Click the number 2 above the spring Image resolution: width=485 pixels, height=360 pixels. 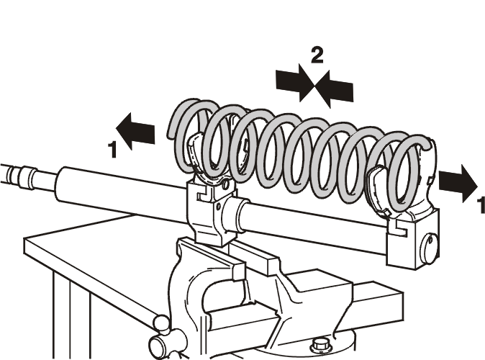317,55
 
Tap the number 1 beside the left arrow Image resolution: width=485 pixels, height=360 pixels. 113,150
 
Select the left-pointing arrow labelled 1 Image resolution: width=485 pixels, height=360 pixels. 135,131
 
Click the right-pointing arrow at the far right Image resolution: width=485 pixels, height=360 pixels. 458,184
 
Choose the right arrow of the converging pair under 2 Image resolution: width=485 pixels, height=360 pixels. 334,89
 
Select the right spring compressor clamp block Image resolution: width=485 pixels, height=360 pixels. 412,240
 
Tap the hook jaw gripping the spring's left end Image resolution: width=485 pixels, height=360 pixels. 196,148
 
